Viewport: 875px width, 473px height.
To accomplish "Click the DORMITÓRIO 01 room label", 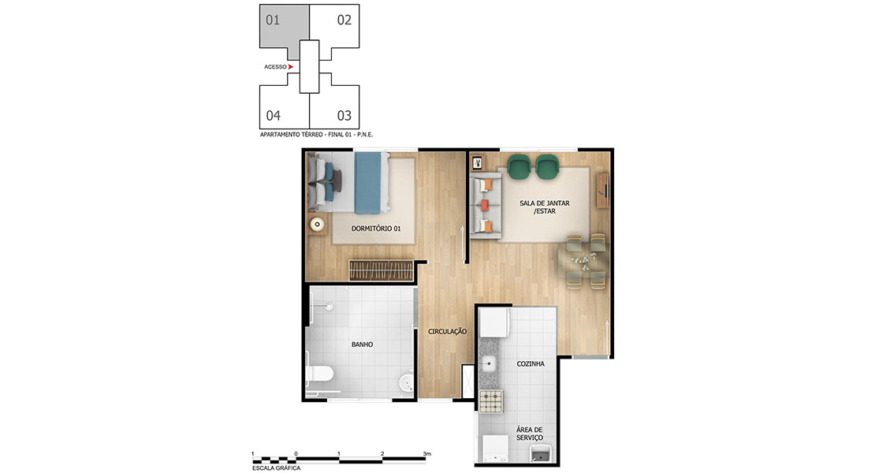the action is [x=375, y=228].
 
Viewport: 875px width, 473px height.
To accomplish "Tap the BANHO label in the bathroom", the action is [x=362, y=345].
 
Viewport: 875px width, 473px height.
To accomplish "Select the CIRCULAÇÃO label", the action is [x=447, y=331].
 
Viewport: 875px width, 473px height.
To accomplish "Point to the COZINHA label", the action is [x=531, y=363].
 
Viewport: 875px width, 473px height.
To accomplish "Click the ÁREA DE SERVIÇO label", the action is [x=529, y=434].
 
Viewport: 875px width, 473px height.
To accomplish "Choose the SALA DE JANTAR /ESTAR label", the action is [x=545, y=207].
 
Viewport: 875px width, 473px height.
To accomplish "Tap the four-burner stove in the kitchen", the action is [x=491, y=401].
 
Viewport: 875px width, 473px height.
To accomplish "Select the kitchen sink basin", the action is [x=489, y=364].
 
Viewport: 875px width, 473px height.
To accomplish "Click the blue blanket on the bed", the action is [x=370, y=183].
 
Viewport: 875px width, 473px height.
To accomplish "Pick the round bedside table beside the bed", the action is [x=318, y=225].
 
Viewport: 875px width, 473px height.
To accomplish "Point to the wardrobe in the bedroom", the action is [x=382, y=270].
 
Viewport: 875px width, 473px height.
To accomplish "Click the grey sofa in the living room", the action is [x=485, y=206].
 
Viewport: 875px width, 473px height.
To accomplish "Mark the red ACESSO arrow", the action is [x=291, y=67].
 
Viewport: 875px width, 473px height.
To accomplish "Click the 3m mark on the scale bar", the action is [x=427, y=454].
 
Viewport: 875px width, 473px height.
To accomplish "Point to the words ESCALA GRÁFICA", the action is [x=276, y=468].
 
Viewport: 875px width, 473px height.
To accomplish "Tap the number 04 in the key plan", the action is [x=273, y=115].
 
